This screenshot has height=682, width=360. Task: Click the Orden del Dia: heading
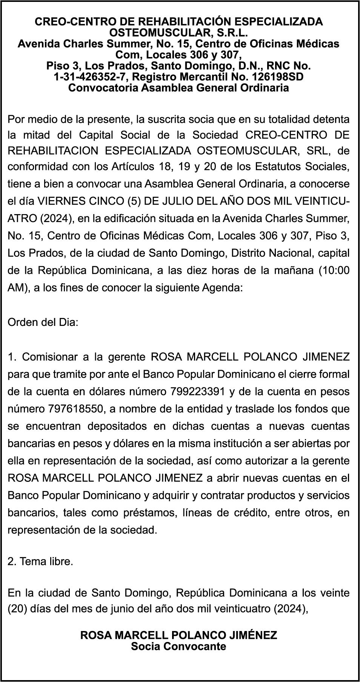click(43, 323)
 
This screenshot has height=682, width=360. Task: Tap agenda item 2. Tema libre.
click(40, 562)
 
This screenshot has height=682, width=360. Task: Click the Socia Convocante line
click(178, 646)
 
